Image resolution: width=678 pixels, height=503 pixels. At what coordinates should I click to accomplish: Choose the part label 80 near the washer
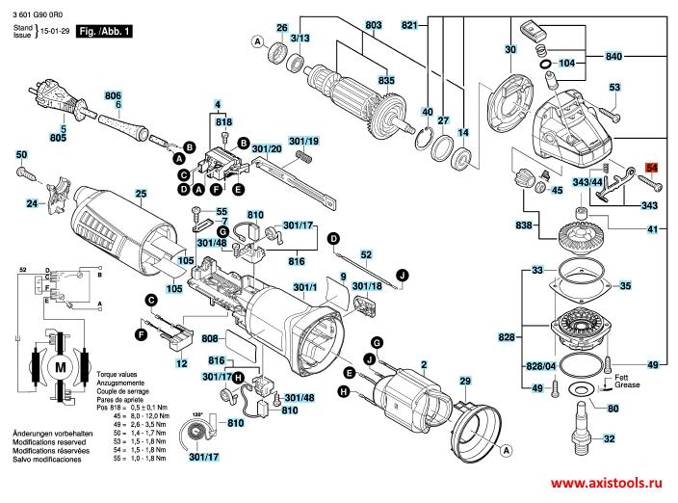click(613, 407)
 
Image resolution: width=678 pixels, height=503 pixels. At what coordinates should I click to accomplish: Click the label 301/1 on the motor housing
click(304, 287)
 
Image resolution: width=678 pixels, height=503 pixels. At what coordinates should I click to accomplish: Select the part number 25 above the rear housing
click(141, 195)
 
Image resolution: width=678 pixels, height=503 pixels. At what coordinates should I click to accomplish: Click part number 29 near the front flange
click(465, 384)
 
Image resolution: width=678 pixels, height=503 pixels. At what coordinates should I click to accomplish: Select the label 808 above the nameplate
click(209, 339)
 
